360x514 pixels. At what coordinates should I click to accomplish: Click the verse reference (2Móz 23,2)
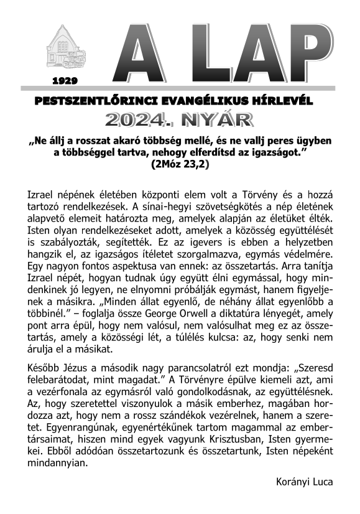[180, 165]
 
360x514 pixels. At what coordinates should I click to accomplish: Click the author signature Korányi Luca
[304, 481]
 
